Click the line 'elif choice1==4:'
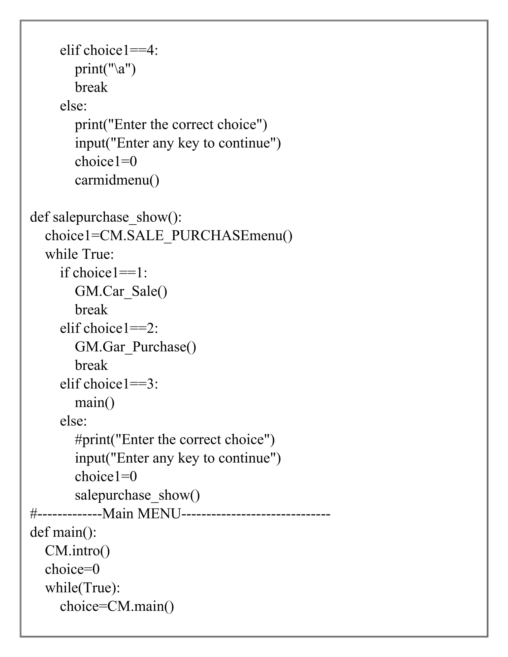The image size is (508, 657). (109, 50)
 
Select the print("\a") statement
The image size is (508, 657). (105, 69)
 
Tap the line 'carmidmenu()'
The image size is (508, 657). (117, 180)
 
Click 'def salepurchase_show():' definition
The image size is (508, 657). (106, 217)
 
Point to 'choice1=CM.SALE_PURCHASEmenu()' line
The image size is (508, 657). (168, 236)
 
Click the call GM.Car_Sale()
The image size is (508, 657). (121, 291)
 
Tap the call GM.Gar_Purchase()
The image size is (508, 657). (135, 347)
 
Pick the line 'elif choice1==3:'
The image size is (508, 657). (109, 384)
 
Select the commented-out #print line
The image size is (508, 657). (175, 440)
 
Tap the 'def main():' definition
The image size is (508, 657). (63, 532)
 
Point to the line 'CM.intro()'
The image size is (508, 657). (77, 551)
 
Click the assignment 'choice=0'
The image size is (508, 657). (72, 569)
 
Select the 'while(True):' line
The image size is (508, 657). (82, 588)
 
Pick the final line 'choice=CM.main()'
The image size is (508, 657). (117, 606)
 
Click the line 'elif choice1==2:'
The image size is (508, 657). (109, 328)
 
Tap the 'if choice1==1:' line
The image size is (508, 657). (103, 273)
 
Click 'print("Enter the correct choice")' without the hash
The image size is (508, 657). (171, 124)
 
